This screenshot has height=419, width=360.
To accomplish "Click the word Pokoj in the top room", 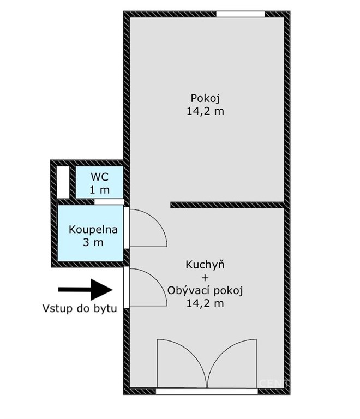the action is (x=205, y=99).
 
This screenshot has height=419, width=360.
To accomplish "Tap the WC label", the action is (x=100, y=177).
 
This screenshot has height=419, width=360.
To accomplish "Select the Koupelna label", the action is (x=93, y=230).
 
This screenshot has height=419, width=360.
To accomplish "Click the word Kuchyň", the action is (x=205, y=265).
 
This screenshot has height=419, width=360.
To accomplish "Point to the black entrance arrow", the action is (x=86, y=290).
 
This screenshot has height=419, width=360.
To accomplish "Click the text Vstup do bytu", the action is (x=80, y=308).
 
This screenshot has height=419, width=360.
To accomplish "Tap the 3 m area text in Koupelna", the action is (x=93, y=243).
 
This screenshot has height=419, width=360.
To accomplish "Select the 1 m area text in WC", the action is (x=100, y=190).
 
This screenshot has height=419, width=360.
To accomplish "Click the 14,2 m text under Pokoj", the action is (x=205, y=111).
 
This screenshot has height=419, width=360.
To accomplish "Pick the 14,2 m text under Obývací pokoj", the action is (x=205, y=303).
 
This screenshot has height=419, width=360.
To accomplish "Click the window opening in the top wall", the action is (x=241, y=14).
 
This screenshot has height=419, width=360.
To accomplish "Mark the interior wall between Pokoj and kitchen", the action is (x=227, y=205).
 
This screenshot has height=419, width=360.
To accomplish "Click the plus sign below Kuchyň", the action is (x=205, y=278).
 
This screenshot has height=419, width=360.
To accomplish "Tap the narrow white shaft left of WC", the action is (x=63, y=182).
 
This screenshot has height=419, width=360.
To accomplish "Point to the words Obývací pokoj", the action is (x=205, y=291).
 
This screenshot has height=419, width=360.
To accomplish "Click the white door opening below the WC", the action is (x=109, y=202).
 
